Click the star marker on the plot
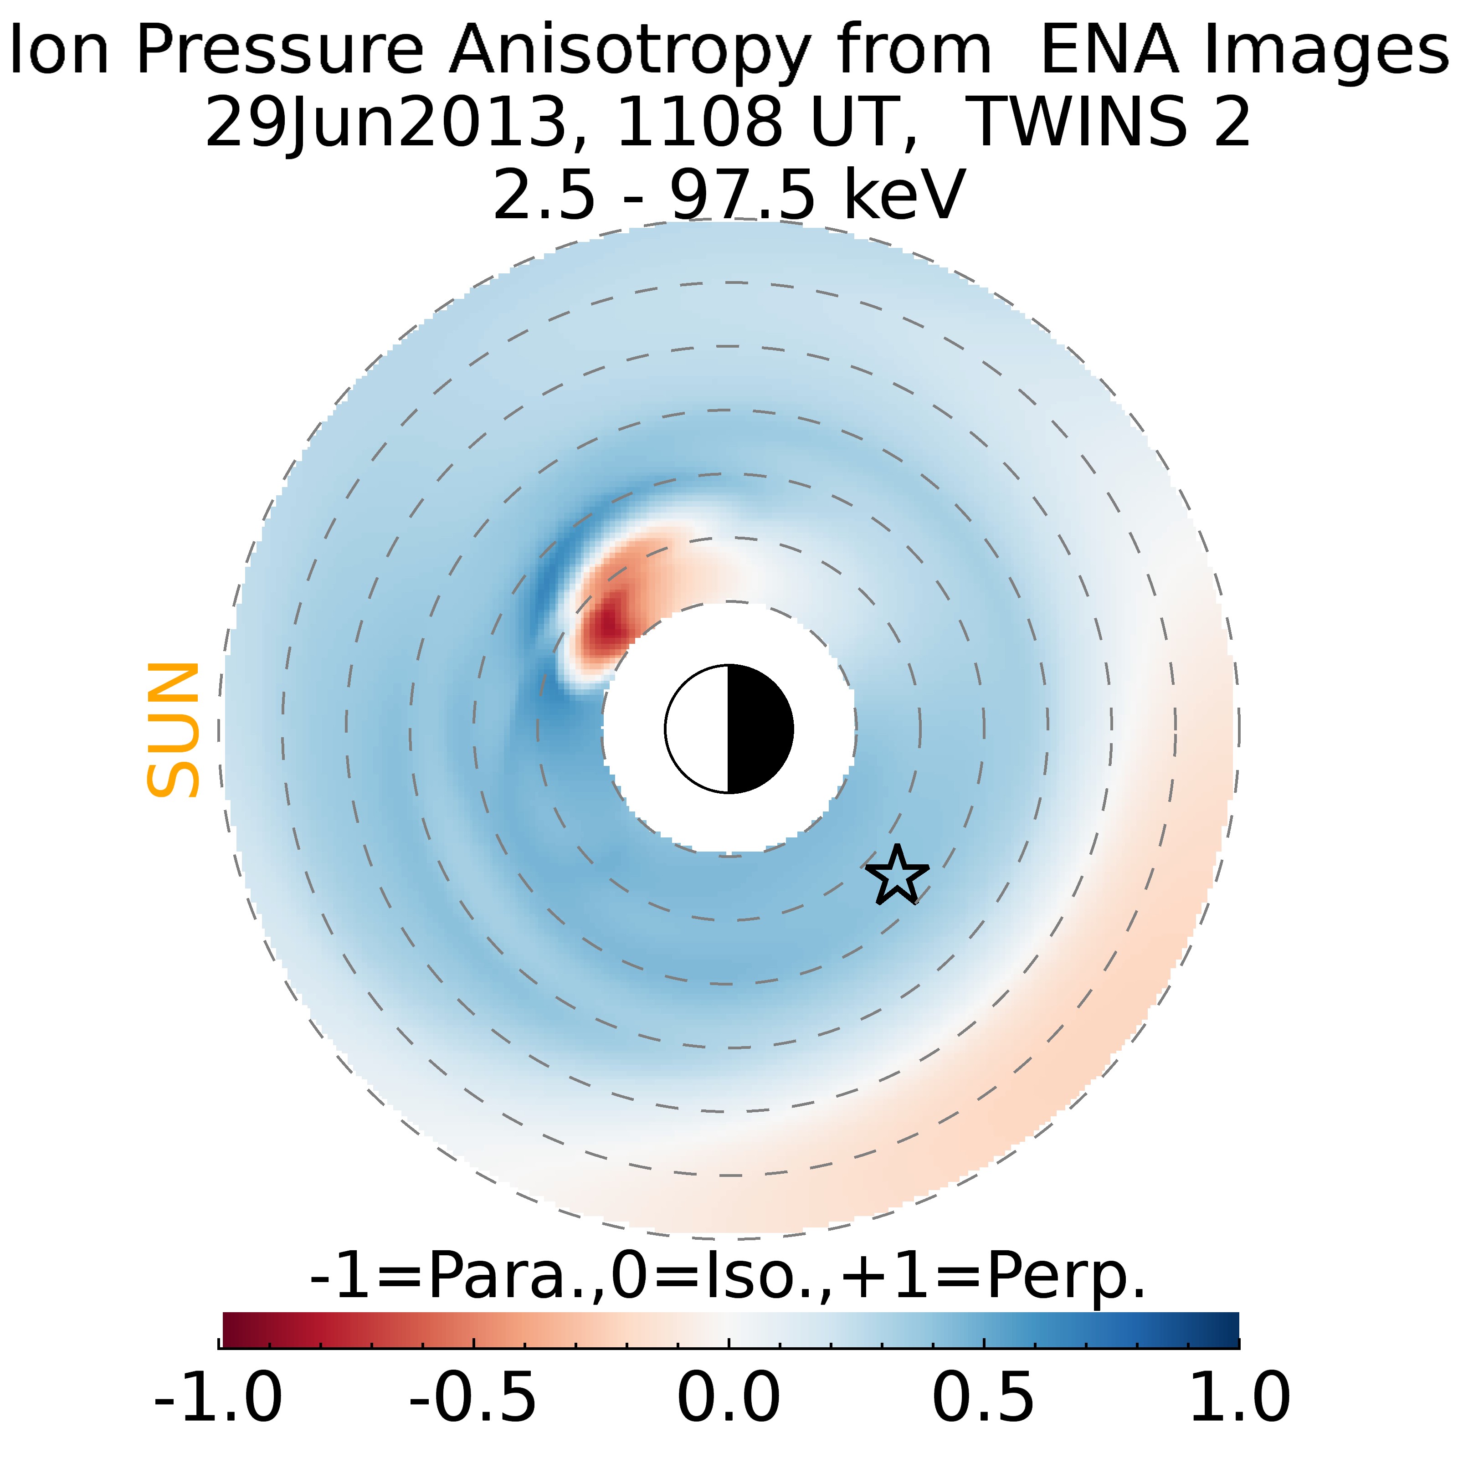coord(897,875)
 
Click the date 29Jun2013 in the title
coord(385,123)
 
